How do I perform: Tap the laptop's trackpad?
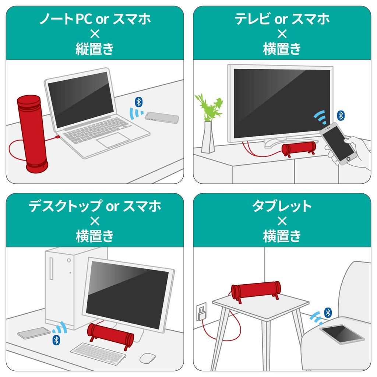pyautogui.click(x=113, y=140)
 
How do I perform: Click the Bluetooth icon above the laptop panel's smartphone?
pyautogui.click(x=139, y=102)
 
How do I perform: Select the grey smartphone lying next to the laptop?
pyautogui.click(x=162, y=117)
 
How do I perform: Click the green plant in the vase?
pyautogui.click(x=209, y=107)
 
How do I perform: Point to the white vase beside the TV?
pyautogui.click(x=208, y=137)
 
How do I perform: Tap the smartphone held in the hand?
pyautogui.click(x=338, y=144)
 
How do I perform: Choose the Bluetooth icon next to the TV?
pyautogui.click(x=341, y=116)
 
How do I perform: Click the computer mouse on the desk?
pyautogui.click(x=148, y=358)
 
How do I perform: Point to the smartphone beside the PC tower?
pyautogui.click(x=34, y=333)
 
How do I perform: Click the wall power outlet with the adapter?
pyautogui.click(x=201, y=311)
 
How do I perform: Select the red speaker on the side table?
pyautogui.click(x=256, y=291)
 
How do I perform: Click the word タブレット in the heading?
pyautogui.click(x=282, y=206)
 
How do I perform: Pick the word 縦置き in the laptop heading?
pyautogui.click(x=95, y=49)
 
